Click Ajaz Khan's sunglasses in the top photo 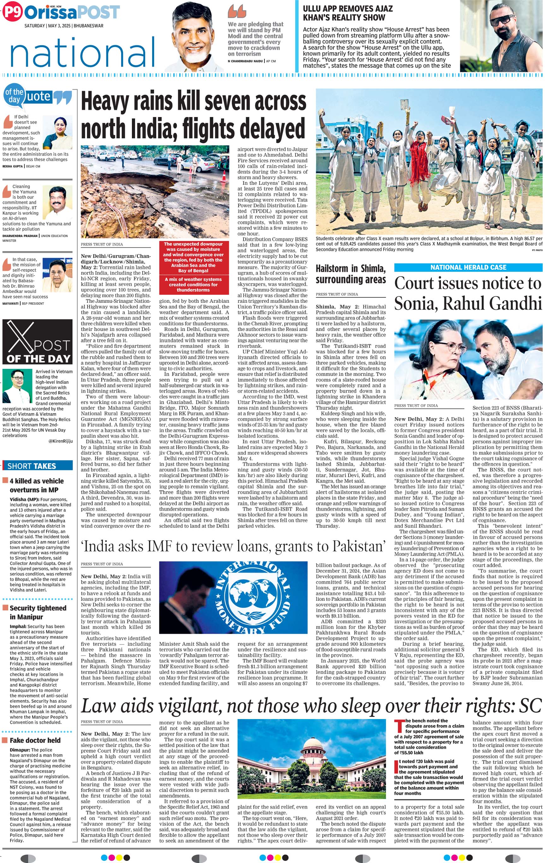tap(502, 20)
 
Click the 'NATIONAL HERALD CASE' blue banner tap(468, 267)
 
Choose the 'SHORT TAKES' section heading tap(32, 466)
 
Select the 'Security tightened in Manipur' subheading tap(38, 612)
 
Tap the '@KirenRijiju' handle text tap(60, 441)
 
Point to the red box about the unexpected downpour tap(193, 267)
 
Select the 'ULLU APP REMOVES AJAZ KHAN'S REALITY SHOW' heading tap(347, 13)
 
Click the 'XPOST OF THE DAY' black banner tap(38, 342)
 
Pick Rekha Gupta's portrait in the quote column tap(57, 133)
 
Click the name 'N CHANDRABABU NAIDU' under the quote tap(245, 61)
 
